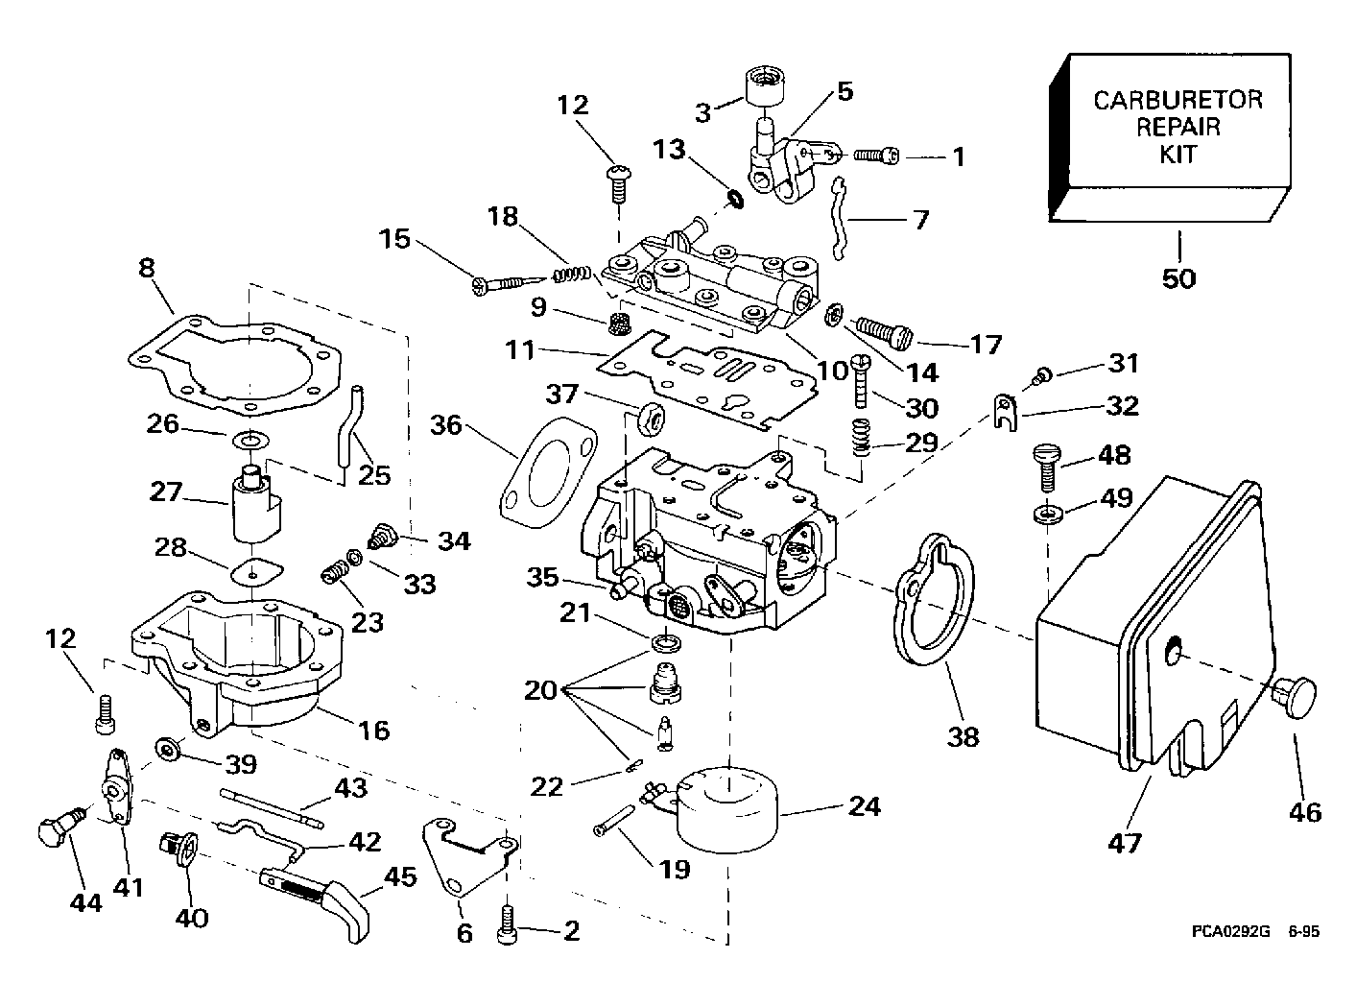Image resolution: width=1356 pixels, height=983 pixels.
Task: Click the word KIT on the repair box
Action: (1178, 154)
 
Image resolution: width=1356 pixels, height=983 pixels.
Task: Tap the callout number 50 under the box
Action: (1178, 277)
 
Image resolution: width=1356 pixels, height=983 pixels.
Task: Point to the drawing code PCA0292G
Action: (1232, 931)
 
